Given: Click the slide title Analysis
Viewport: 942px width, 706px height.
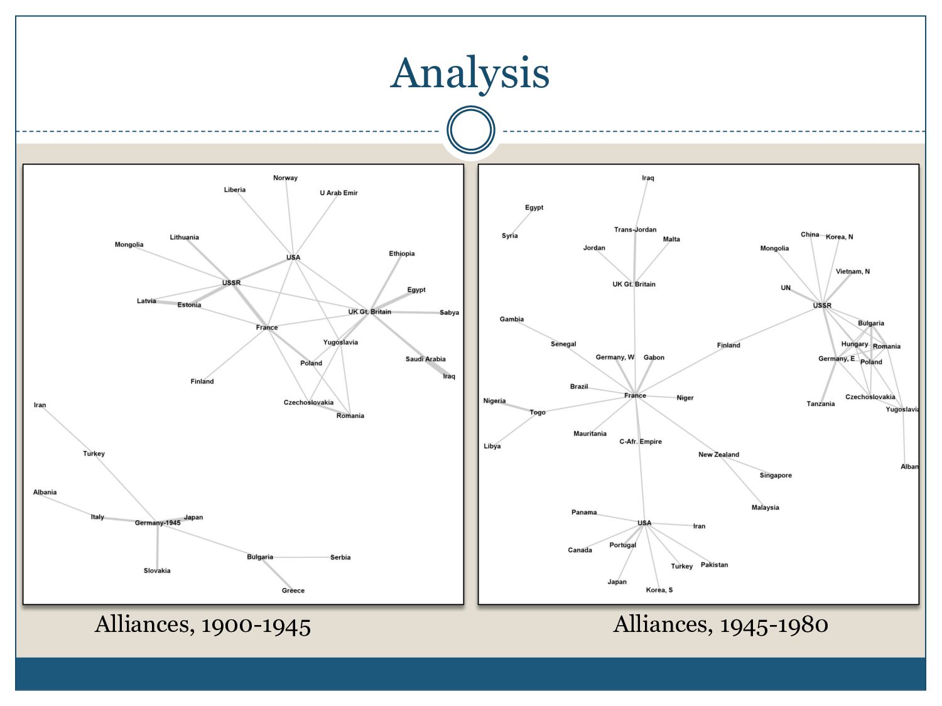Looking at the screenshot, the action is click(470, 73).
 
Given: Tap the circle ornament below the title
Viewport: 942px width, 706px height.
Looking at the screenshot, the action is click(471, 130).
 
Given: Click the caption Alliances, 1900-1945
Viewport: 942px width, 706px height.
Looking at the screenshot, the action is click(203, 625).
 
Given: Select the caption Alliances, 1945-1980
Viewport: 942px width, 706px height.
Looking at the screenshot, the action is click(720, 625).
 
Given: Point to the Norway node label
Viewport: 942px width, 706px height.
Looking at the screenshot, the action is click(285, 178).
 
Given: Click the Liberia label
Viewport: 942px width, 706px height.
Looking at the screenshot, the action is click(235, 190).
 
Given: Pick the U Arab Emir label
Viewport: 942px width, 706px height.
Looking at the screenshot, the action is click(338, 193).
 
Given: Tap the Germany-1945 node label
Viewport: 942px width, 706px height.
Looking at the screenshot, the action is click(158, 523).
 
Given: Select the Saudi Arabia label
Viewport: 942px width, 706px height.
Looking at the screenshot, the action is click(425, 360).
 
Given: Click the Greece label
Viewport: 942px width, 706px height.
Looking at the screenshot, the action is click(293, 591).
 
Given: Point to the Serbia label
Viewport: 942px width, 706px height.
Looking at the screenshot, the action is click(340, 557).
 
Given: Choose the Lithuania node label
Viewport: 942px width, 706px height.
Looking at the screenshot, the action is click(184, 237).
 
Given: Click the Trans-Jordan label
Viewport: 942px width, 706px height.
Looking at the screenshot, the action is click(635, 230).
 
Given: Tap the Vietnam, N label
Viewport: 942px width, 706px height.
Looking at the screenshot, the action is click(852, 272).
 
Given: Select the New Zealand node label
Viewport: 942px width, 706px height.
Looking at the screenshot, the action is click(718, 455).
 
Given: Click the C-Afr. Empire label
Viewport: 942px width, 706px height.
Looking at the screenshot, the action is click(641, 442).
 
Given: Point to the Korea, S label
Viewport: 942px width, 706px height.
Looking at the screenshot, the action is click(659, 590).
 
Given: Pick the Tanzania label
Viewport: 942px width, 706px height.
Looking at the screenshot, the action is click(820, 404).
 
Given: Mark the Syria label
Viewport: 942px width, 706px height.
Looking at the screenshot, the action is click(509, 236).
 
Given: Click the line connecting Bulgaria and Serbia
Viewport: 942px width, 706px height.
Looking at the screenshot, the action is click(301, 557).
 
